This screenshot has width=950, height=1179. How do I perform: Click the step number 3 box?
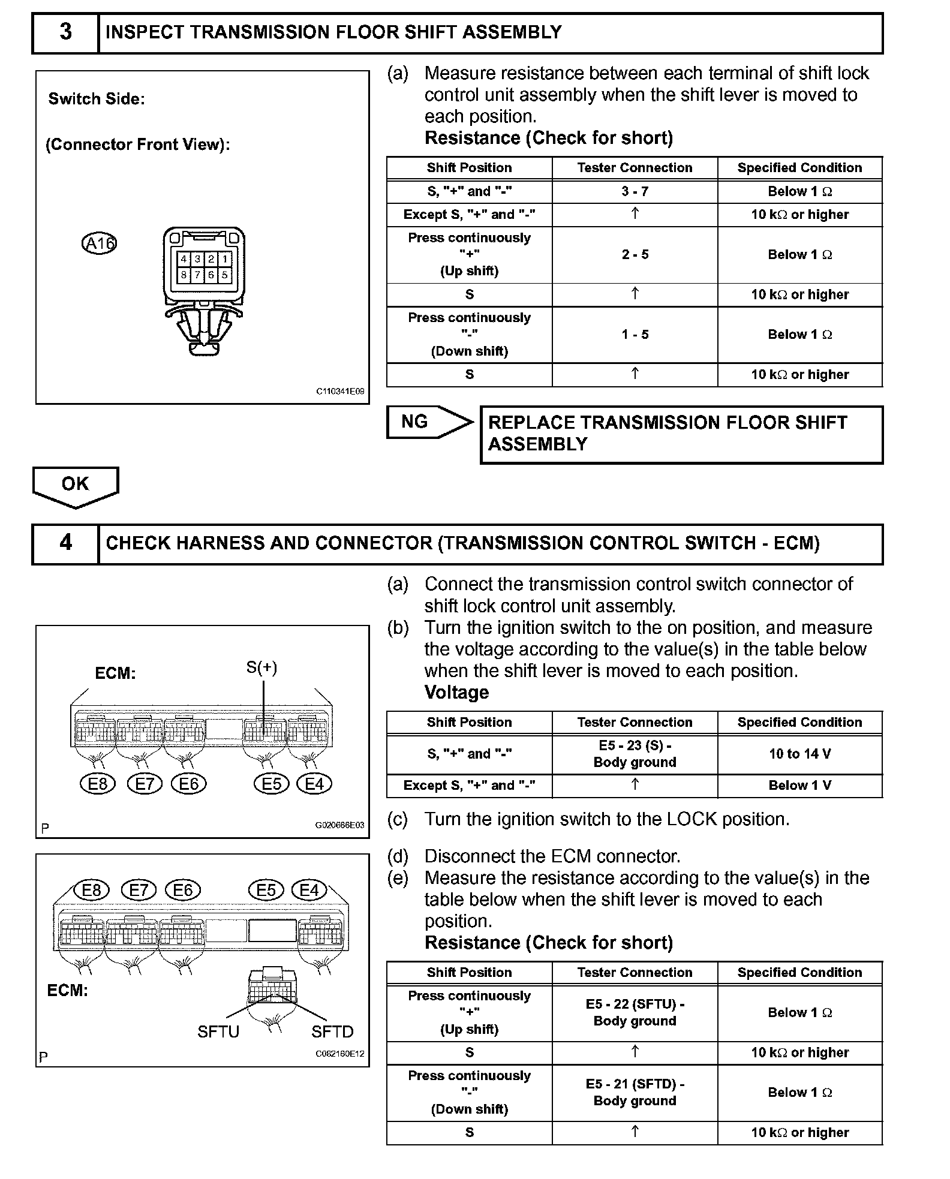click(x=65, y=32)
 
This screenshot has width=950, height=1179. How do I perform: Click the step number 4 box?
click(x=65, y=543)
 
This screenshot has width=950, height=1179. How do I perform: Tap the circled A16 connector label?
click(x=99, y=243)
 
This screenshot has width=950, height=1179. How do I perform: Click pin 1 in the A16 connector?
click(x=225, y=259)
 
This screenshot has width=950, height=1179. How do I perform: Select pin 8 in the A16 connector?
click(x=184, y=275)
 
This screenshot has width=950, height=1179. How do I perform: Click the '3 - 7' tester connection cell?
click(x=635, y=192)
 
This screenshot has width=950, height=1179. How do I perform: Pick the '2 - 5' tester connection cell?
click(x=635, y=255)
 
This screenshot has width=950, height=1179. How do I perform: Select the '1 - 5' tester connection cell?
click(x=635, y=335)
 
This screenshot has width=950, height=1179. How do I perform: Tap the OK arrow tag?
click(x=75, y=485)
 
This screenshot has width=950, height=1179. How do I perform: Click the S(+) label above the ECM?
click(x=262, y=667)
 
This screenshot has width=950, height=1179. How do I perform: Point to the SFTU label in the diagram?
click(x=218, y=1031)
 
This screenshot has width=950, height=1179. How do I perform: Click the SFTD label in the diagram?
click(x=332, y=1031)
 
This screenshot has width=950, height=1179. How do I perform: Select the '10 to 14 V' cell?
click(x=800, y=754)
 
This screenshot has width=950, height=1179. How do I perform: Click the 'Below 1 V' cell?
click(x=800, y=786)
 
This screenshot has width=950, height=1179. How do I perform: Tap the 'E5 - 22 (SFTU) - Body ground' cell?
click(x=635, y=1013)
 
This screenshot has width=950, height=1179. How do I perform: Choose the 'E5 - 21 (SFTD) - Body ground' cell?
click(x=635, y=1093)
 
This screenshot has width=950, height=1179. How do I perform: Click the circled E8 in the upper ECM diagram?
click(x=98, y=784)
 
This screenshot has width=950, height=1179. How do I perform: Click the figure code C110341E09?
click(x=340, y=392)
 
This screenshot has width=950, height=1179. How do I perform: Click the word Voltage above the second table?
click(x=456, y=693)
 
